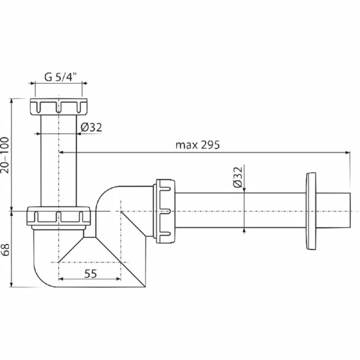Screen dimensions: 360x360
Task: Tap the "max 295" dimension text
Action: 197,145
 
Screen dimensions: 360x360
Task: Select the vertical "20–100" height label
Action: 5,155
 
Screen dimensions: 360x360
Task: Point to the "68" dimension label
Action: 5,249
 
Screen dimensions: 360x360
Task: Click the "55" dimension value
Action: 90,274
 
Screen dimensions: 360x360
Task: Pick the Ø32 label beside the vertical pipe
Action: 91,127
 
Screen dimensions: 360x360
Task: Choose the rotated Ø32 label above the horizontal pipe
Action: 238,177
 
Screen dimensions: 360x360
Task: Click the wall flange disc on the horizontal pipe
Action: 311,211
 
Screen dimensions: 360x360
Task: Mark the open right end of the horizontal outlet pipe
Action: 350,211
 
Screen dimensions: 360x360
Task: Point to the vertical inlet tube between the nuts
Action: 59,161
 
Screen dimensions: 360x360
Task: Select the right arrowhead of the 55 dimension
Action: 118,279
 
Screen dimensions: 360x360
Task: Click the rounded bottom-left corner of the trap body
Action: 40,280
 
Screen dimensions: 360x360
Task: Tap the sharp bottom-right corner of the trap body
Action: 145,287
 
